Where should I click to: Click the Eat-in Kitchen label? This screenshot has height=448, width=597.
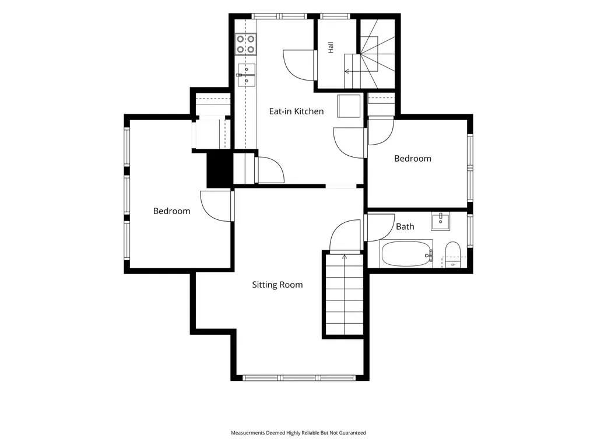(x=296, y=111)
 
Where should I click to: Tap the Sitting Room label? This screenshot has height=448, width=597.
(x=277, y=285)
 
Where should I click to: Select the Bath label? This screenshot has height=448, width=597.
(x=405, y=227)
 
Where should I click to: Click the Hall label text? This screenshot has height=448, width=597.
(x=331, y=47)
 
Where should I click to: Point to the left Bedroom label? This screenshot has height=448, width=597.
(x=172, y=211)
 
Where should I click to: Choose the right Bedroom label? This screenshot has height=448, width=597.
(x=413, y=159)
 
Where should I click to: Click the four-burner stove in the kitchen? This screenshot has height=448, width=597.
(x=245, y=44)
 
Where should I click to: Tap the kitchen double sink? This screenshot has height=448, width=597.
(x=246, y=75)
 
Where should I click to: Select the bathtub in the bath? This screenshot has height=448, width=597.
(x=406, y=253)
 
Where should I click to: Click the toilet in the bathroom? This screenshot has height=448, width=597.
(x=452, y=254)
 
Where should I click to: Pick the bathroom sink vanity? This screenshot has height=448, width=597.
(x=441, y=221)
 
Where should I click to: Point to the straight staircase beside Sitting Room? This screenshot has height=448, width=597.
(x=345, y=294)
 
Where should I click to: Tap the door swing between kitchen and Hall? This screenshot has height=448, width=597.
(x=300, y=65)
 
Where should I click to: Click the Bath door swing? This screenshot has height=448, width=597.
(x=380, y=228)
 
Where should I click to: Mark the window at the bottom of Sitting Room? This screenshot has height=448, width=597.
(x=299, y=377)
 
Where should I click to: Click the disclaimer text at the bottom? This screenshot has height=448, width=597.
(x=298, y=433)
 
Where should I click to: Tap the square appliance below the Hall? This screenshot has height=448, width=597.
(x=349, y=106)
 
